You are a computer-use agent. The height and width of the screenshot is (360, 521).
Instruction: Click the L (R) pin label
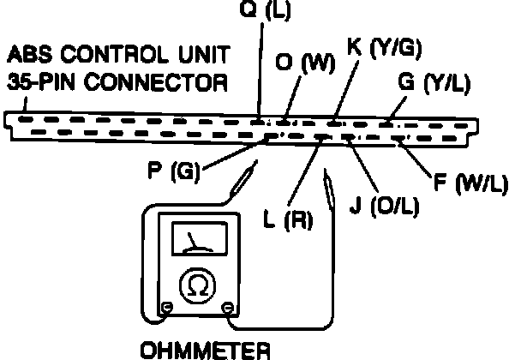[288, 219]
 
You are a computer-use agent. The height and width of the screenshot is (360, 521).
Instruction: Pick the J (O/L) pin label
[384, 207]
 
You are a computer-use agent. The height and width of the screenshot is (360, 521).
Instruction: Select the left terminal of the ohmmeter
[165, 307]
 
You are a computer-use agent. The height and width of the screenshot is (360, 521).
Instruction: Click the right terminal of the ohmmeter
[228, 307]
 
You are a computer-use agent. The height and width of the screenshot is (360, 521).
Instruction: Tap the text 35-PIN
[44, 83]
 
